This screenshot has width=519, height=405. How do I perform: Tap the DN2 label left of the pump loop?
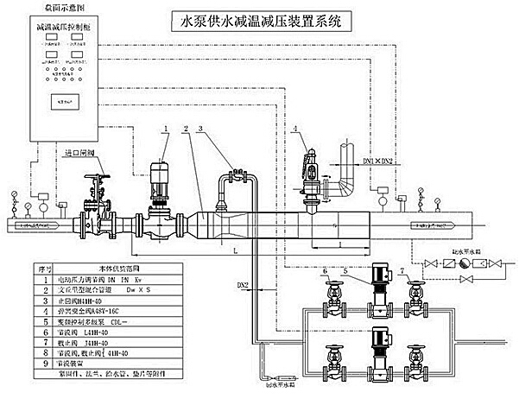tap(243, 284)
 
